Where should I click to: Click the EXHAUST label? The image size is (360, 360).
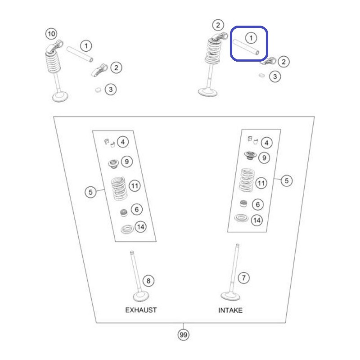point(141,310)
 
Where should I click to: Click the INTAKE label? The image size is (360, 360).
point(230,310)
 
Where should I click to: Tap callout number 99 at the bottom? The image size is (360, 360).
point(184,335)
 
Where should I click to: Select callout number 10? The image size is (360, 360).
point(51,34)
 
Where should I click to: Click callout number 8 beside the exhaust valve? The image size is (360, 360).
point(148,281)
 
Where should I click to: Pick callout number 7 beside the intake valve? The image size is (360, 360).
point(243,278)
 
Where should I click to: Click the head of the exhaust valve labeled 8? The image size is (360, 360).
point(141,297)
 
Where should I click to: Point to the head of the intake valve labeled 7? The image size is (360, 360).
point(230,296)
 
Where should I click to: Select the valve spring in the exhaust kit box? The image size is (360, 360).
point(119,189)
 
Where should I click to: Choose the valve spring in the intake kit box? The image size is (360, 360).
point(247,180)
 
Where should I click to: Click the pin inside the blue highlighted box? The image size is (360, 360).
point(246,47)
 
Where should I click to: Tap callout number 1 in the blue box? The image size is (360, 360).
point(251,38)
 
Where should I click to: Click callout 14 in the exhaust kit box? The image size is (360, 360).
point(140,227)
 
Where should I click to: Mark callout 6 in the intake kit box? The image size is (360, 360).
point(257,204)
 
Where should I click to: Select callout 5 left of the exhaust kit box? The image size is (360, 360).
point(90,192)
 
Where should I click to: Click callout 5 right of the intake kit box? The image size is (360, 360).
point(287,181)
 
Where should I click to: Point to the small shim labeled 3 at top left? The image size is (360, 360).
point(98,90)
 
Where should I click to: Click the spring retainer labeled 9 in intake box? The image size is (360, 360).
point(250,155)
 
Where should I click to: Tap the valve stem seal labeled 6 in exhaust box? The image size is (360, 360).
point(123,213)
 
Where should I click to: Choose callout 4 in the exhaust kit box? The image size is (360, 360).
point(122,142)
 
